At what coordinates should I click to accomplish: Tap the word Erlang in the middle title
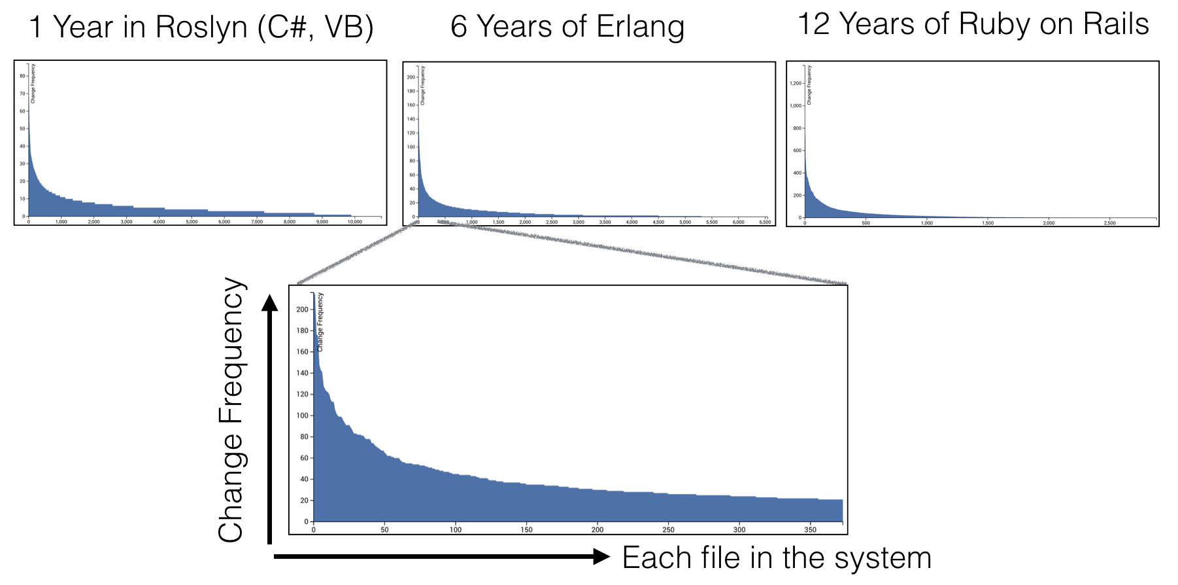click(x=640, y=27)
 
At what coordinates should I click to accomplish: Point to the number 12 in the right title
click(x=814, y=24)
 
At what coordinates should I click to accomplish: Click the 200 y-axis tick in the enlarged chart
click(x=302, y=310)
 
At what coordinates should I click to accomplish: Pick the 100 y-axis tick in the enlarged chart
click(x=302, y=416)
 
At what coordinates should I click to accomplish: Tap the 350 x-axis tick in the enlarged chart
click(x=810, y=529)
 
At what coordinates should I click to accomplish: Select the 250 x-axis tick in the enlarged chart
click(x=668, y=529)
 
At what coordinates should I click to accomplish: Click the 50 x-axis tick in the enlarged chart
click(x=384, y=529)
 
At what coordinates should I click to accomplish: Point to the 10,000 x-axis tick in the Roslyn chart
click(x=354, y=222)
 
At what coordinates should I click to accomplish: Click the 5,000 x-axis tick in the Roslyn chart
click(x=192, y=222)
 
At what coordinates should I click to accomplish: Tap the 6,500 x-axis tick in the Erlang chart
click(x=765, y=222)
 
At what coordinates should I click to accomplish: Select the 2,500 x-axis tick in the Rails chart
click(x=1109, y=223)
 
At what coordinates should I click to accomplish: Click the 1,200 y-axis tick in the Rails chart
click(x=795, y=83)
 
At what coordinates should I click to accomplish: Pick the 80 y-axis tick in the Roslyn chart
click(x=22, y=76)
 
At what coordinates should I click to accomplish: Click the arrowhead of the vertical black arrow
click(x=269, y=303)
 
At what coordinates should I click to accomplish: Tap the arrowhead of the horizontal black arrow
click(x=601, y=557)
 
